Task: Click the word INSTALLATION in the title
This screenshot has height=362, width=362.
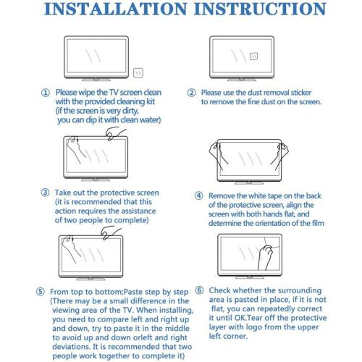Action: [116, 9]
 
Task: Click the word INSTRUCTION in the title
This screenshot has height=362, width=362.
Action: [260, 9]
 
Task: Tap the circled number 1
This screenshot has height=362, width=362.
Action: [46, 93]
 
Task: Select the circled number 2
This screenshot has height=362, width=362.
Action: [192, 93]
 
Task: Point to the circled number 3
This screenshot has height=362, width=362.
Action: [45, 193]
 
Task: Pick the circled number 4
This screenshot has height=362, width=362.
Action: [198, 195]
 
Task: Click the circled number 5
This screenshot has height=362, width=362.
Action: [41, 292]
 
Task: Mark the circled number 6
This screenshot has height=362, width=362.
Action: [199, 290]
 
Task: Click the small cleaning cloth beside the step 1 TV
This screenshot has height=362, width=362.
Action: [138, 73]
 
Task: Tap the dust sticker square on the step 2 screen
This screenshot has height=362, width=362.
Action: [253, 56]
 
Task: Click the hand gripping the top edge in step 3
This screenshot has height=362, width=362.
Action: [114, 135]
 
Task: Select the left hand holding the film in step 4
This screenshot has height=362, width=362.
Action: [217, 153]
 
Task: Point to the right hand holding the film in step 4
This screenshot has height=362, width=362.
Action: [281, 153]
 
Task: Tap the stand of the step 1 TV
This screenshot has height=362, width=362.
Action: [96, 80]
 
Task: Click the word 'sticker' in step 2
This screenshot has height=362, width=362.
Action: [301, 93]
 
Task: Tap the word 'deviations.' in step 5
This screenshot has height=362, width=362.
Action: [71, 347]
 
